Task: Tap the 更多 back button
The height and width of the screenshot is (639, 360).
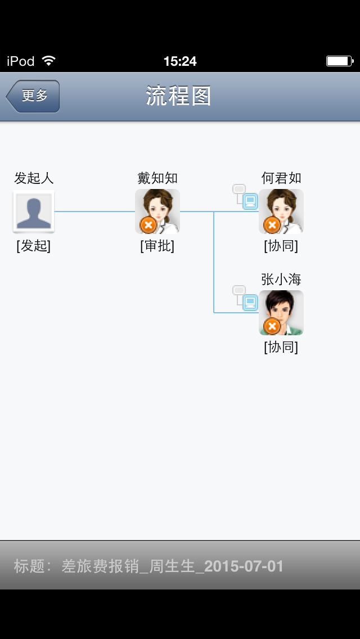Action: [x=34, y=96]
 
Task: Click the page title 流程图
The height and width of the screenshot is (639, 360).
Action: [x=179, y=96]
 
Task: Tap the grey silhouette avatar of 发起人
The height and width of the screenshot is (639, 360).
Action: [x=34, y=211]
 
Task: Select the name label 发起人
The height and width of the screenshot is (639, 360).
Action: [x=34, y=178]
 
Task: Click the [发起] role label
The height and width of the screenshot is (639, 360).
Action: [x=34, y=246]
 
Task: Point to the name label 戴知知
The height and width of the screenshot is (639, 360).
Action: [x=157, y=178]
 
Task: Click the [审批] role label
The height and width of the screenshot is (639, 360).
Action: [x=157, y=246]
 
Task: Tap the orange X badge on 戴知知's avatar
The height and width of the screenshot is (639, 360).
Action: [x=148, y=225]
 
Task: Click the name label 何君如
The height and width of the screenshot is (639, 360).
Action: [x=281, y=178]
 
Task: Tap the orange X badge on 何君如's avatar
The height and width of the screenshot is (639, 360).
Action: [x=272, y=225]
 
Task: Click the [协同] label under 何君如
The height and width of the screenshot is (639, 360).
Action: [x=281, y=246]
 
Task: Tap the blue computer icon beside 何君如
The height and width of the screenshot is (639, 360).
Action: [x=250, y=201]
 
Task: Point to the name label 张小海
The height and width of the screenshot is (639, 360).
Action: [x=281, y=280]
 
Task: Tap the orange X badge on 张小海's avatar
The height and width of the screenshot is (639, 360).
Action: [x=272, y=326]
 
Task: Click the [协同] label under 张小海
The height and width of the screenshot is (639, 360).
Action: [x=281, y=347]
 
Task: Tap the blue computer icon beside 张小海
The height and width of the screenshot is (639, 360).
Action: [x=250, y=303]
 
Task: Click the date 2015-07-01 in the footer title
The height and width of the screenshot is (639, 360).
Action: [x=244, y=566]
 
